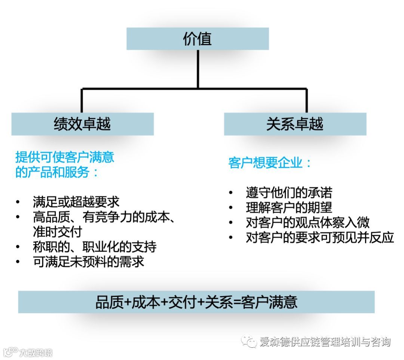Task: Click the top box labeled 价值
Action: [198, 39]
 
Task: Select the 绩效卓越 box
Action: [82, 124]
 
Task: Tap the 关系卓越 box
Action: [295, 124]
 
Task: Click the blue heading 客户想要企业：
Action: [270, 163]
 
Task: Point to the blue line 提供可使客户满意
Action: [65, 157]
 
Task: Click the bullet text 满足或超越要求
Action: [76, 202]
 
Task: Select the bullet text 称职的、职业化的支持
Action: [95, 247]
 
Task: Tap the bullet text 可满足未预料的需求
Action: [89, 262]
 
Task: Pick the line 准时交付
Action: [57, 232]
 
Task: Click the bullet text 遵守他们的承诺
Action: [289, 193]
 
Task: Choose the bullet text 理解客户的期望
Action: [289, 207]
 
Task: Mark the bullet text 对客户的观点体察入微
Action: [307, 222]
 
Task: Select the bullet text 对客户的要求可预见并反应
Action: [320, 237]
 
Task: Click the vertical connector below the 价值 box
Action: [198, 69]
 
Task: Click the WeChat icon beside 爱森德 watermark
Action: [250, 341]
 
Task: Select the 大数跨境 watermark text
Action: [36, 353]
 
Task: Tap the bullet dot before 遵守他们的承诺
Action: [231, 193]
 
